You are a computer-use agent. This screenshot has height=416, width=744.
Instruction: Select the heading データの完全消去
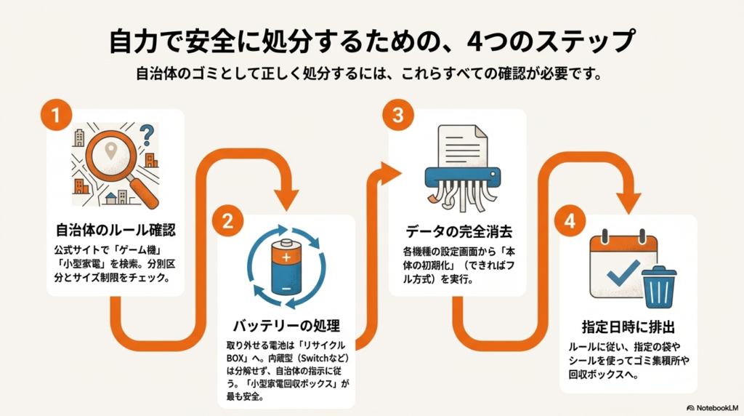tap(458, 232)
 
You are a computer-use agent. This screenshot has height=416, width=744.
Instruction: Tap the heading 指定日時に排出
tap(628, 326)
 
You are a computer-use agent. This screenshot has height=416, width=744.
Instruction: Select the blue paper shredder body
tap(461, 175)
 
